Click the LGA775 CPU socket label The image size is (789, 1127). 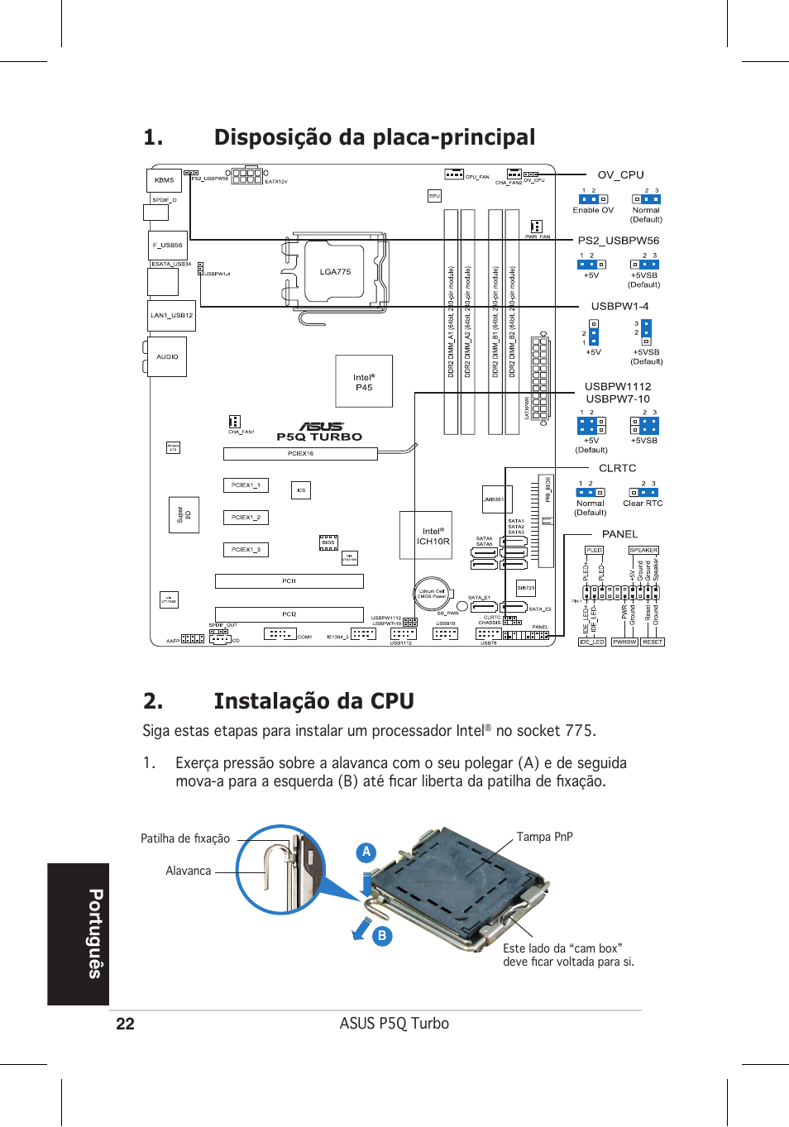pos(335,271)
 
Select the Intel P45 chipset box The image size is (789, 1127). pos(364,382)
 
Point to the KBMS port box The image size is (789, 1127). pos(165,179)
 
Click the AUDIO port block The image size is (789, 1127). pos(168,356)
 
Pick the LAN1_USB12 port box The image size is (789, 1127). pos(172,315)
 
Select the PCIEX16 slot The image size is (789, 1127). pos(300,453)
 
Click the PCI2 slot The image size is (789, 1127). pos(289,614)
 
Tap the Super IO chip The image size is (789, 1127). pos(184,514)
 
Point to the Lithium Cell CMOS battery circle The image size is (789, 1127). pos(431,593)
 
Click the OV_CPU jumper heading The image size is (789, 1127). pos(620,174)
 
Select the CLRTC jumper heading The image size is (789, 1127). pos(617,468)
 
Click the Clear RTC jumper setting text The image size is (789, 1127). pos(643,504)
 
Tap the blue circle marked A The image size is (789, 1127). pos(366,852)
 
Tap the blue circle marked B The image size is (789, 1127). pos(382,936)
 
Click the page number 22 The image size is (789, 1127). pos(125,1024)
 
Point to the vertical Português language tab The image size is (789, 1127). pos(79,934)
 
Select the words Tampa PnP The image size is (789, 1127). pos(544,837)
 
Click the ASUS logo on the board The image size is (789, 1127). pos(321,427)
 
